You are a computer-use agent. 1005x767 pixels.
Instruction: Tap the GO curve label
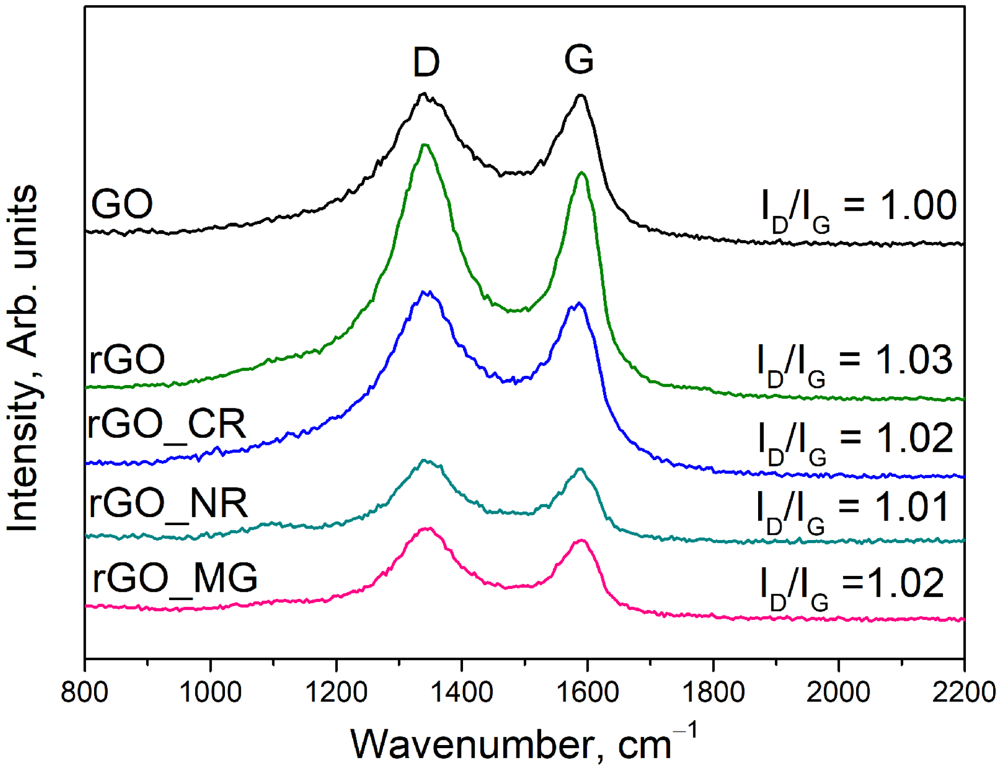(122, 204)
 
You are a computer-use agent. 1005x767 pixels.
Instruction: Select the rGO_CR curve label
(167, 425)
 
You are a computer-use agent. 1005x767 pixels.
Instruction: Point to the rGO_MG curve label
(175, 577)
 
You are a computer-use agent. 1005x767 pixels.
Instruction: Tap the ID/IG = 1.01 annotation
(853, 510)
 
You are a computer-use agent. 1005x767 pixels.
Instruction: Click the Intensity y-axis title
(23, 358)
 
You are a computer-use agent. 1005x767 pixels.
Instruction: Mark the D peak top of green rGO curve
(425, 145)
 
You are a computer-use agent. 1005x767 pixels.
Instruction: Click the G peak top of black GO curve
(581, 95)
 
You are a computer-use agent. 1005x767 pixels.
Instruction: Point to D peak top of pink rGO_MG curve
(427, 529)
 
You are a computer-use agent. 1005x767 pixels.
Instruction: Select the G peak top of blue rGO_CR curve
(579, 303)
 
